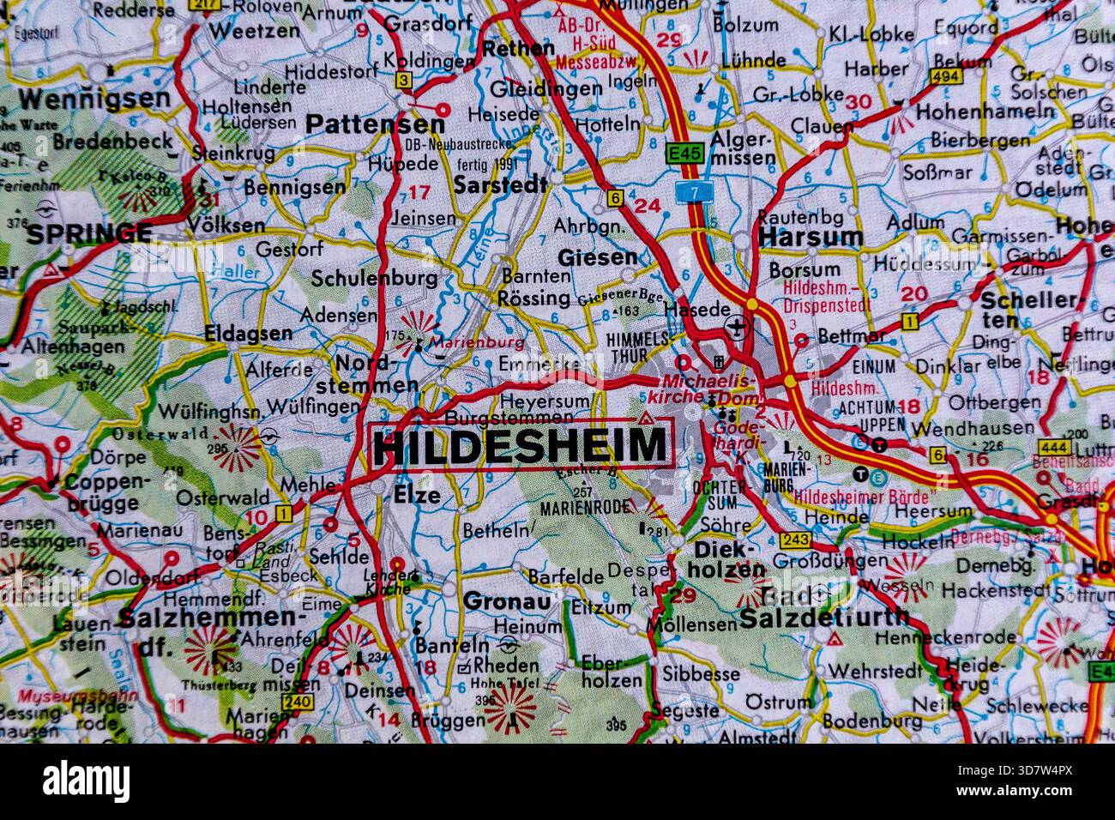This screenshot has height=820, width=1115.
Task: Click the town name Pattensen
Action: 375,124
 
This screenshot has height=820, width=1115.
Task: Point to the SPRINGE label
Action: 90,232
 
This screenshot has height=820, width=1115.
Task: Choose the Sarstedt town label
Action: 500,184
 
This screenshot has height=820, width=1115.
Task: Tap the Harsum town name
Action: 810,236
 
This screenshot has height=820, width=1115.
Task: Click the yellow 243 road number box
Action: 795,540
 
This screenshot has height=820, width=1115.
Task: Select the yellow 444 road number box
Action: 1053,447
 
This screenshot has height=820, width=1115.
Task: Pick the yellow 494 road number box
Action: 946,77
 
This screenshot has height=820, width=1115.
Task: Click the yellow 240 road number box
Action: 297,702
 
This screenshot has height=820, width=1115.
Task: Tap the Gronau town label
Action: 506,601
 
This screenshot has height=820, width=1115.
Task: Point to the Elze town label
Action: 417,495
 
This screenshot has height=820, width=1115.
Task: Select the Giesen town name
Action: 598,256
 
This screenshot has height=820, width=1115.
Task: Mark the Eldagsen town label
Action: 248,335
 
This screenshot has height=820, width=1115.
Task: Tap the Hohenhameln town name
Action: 985,111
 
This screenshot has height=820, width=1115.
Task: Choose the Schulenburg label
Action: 374,279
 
